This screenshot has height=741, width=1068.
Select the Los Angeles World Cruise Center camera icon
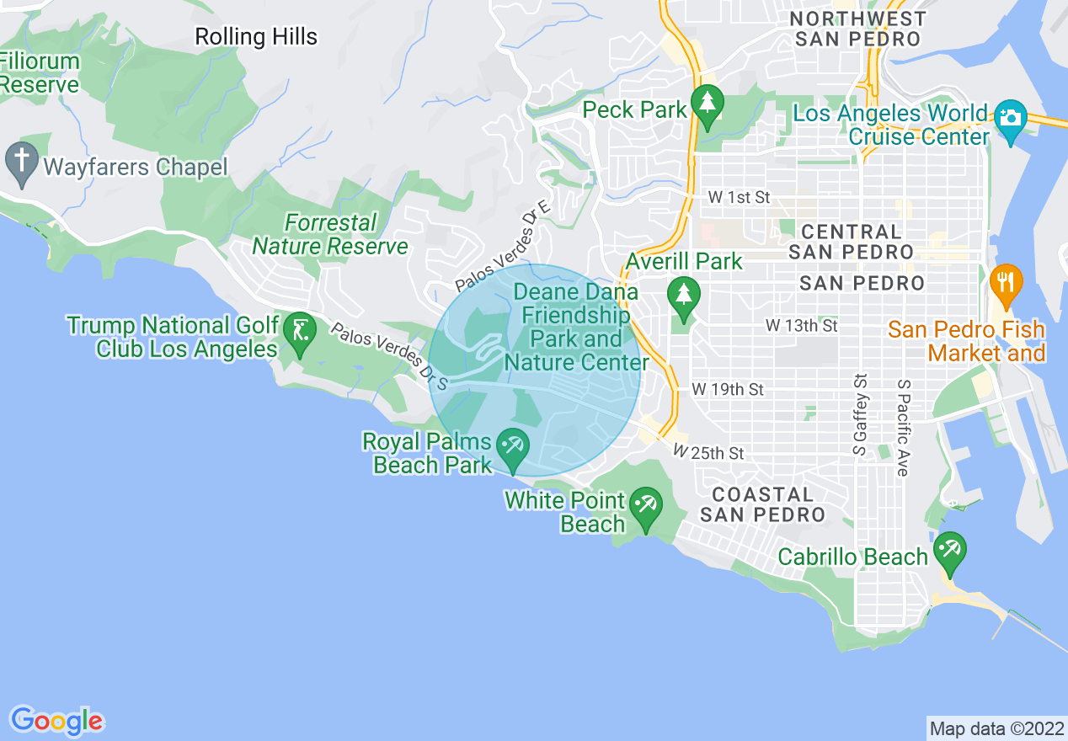coord(1009,119)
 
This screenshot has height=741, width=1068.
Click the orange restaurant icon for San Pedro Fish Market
coord(1006,281)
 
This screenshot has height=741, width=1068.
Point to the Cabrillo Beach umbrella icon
coord(949,551)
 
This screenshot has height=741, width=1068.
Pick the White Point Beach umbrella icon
coord(646,505)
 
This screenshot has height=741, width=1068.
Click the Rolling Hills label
coord(256,37)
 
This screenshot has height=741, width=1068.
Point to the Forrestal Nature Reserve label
coord(330,235)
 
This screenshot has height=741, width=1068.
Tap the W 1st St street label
coord(739,198)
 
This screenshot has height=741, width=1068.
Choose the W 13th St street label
coord(801,325)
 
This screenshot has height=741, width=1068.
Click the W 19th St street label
coord(728,390)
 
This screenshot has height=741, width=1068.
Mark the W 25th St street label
coord(708,453)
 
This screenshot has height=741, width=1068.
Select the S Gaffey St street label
coord(860,416)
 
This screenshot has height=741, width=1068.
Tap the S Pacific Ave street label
coord(903,427)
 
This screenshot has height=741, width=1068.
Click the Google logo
coord(56,721)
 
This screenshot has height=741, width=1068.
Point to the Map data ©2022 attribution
coord(996,728)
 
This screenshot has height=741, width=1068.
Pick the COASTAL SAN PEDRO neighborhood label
coord(762,504)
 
